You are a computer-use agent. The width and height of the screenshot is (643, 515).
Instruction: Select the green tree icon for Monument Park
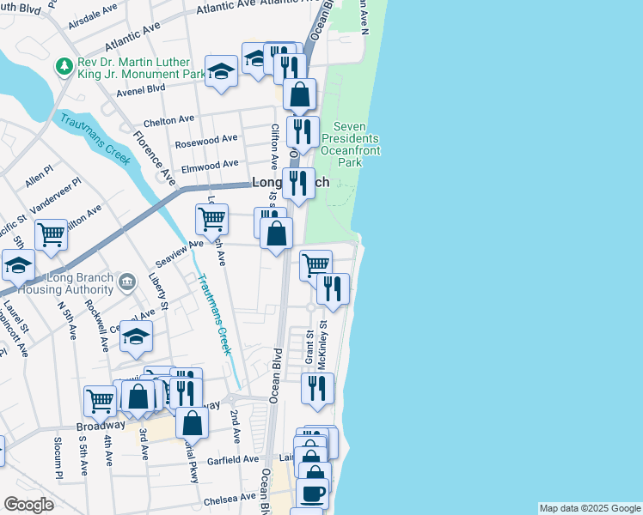click(x=63, y=66)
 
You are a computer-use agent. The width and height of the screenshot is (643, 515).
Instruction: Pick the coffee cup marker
click(x=312, y=494)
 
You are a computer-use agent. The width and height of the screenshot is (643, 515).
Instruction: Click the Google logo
click(x=28, y=505)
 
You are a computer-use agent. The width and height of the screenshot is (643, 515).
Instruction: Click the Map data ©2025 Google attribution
click(x=590, y=508)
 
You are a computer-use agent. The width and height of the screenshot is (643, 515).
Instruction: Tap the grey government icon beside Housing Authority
click(x=127, y=281)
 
